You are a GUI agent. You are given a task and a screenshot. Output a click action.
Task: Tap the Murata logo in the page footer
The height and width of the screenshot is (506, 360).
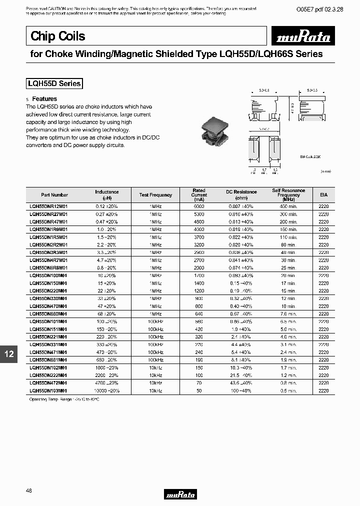[180, 494]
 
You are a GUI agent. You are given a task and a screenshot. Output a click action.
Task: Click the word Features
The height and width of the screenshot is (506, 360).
[44, 99]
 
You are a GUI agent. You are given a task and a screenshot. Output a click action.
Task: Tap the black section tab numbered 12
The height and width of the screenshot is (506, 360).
[9, 354]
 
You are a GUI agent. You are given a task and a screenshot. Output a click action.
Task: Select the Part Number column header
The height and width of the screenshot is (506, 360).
[54, 194]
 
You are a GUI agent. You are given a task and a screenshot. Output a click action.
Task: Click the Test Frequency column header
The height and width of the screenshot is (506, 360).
[155, 194]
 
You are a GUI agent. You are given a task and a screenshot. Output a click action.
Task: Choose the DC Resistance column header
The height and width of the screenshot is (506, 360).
[241, 194]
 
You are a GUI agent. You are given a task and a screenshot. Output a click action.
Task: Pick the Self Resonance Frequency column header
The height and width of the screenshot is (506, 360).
[288, 194]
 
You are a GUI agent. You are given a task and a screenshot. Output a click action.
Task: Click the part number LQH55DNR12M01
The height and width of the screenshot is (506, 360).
[48, 206]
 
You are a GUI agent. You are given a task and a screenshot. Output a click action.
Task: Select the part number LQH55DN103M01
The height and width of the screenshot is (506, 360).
[48, 390]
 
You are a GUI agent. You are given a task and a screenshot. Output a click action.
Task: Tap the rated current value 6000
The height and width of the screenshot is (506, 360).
[199, 206]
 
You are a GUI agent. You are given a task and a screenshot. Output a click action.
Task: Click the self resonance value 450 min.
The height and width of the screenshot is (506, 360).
[288, 206]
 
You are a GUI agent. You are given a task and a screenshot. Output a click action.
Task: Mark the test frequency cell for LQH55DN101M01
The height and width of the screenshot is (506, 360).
[155, 321]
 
